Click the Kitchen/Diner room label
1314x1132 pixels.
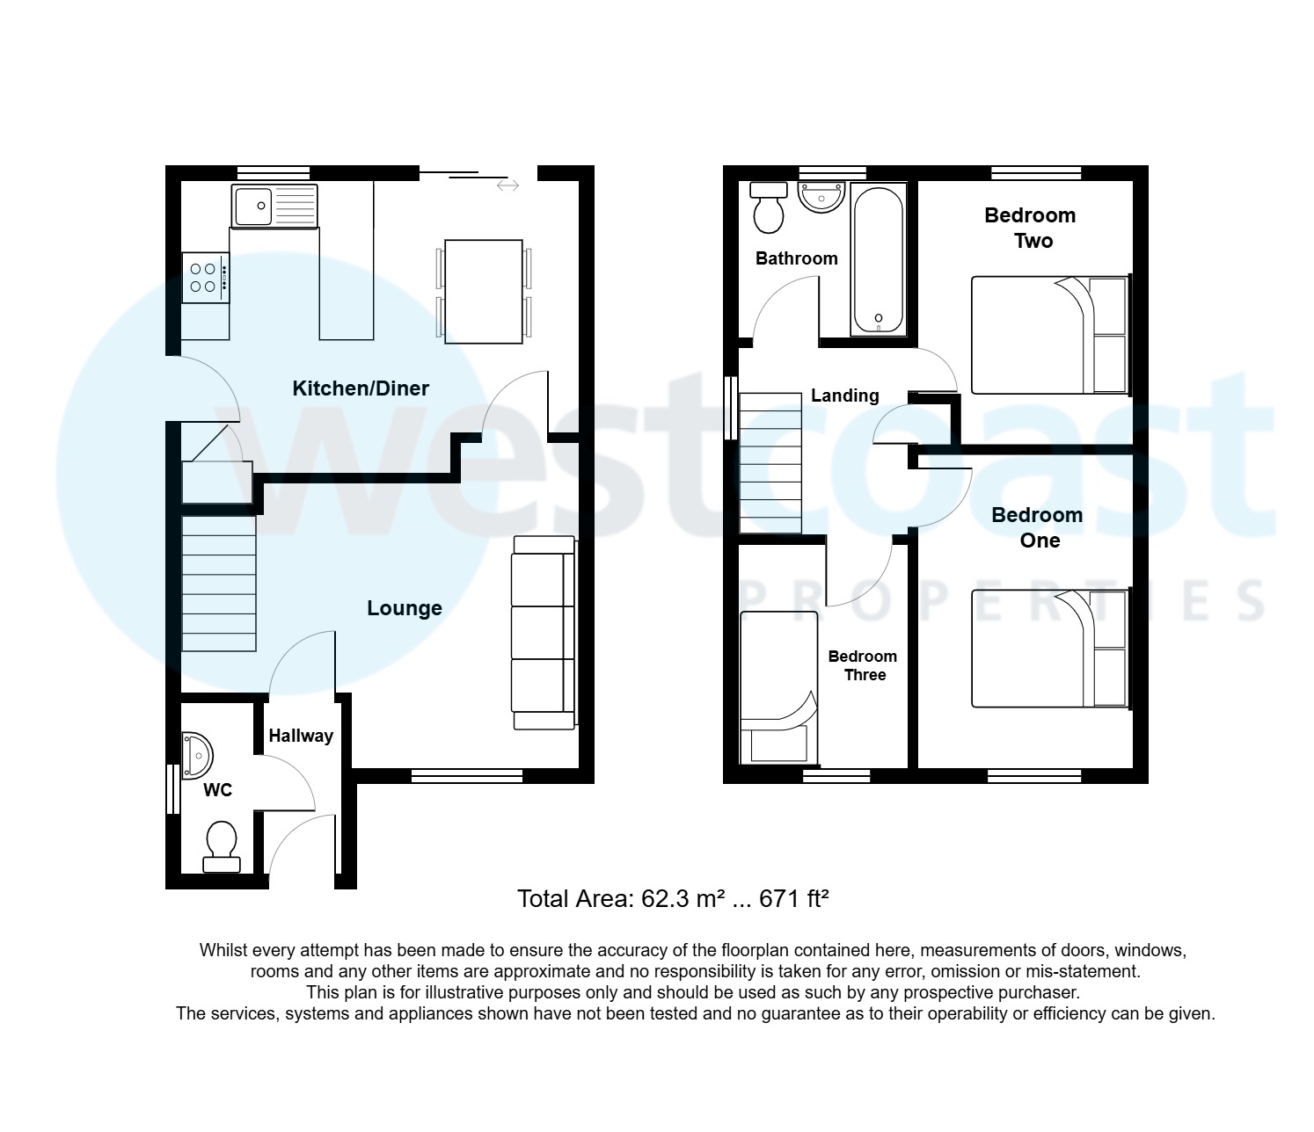pyautogui.click(x=361, y=388)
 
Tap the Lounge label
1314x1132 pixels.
pyautogui.click(x=404, y=608)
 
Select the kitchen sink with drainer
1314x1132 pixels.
pyautogui.click(x=274, y=206)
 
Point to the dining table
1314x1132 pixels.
pyautogui.click(x=484, y=291)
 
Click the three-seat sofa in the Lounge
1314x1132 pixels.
pyautogui.click(x=544, y=633)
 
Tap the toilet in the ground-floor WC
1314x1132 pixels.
pyautogui.click(x=221, y=846)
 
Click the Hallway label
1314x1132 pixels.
pyautogui.click(x=301, y=737)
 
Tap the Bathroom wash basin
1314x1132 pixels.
pyautogui.click(x=821, y=197)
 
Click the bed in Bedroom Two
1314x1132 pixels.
pyautogui.click(x=1048, y=335)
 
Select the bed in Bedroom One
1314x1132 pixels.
pyautogui.click(x=1048, y=649)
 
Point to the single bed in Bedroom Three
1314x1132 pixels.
pyautogui.click(x=777, y=688)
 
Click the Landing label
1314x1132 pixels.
pyautogui.click(x=844, y=395)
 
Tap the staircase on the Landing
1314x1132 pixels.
pyautogui.click(x=770, y=463)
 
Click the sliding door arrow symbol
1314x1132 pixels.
pyautogui.click(x=507, y=185)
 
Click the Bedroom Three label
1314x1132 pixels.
pyautogui.click(x=863, y=665)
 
